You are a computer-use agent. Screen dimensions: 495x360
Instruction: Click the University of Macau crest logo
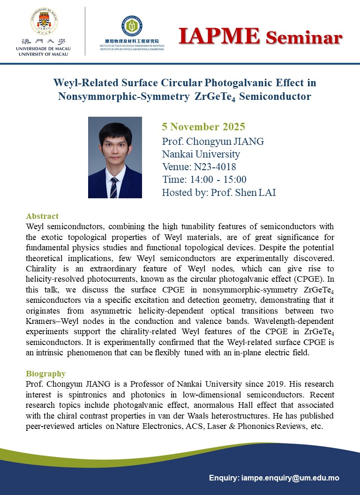click(42, 20)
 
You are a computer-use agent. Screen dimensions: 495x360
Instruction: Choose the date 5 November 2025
click(203, 127)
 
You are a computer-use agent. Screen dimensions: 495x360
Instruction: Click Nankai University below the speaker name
click(201, 154)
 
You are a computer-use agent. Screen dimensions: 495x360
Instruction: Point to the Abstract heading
click(42, 216)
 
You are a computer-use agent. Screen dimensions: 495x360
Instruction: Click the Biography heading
click(45, 374)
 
